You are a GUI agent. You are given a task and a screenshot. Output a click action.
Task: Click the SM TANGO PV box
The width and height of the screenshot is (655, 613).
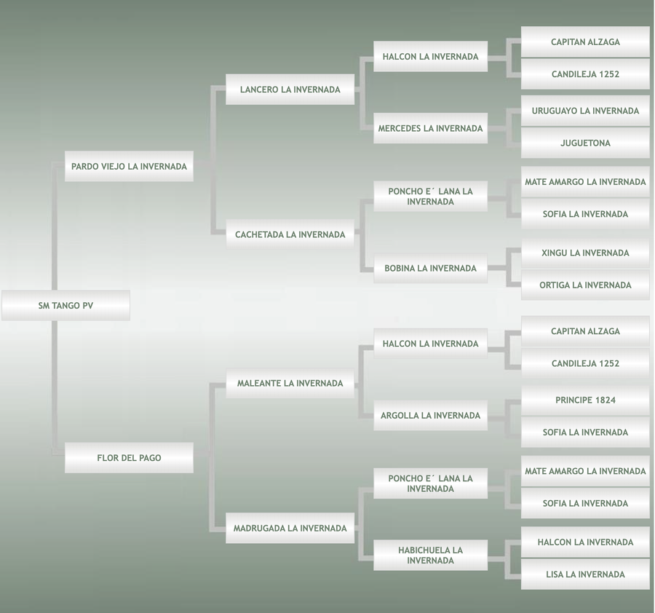pos(65,306)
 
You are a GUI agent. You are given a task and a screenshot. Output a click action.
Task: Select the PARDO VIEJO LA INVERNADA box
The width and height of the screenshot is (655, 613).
pos(129,167)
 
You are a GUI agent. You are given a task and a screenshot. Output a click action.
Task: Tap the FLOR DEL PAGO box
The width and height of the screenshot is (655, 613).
pos(129,458)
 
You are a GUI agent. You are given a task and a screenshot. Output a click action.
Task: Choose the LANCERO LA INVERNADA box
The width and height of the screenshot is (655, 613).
pos(290,90)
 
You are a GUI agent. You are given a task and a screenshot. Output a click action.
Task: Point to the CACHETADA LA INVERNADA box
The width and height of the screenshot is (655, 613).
pos(290,234)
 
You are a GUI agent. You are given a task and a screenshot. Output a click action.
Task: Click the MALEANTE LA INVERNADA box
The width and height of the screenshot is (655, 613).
pos(290,383)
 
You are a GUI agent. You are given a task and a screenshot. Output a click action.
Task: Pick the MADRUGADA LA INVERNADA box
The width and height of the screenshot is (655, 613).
pos(290,528)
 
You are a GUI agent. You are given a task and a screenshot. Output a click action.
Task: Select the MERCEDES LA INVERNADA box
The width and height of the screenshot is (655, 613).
pos(430,128)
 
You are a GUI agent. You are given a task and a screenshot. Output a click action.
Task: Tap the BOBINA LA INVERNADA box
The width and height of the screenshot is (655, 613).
pos(430,268)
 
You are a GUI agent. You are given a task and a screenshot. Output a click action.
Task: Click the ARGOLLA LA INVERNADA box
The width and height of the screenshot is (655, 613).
pos(430,416)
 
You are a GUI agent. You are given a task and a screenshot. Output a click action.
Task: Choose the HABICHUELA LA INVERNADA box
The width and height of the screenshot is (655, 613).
pos(430,555)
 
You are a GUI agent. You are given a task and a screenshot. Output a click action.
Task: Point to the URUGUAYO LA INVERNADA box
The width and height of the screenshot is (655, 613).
pos(585,111)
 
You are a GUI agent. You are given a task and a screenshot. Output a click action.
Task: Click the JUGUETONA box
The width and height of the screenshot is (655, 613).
pos(585,143)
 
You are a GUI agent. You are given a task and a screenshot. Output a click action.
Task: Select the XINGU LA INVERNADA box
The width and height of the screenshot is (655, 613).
pos(585,253)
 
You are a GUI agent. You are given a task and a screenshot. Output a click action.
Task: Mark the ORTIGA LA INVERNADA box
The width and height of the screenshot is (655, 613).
pos(585,285)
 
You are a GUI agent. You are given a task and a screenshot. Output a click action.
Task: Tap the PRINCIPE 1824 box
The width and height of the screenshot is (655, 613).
pos(585,400)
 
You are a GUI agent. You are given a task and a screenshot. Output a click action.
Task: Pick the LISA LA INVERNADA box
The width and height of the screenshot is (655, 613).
pos(585,574)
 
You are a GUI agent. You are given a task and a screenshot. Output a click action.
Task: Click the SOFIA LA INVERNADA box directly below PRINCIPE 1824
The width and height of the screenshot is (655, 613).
pos(585,432)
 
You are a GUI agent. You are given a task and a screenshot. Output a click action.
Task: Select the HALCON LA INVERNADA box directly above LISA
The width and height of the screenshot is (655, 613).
pos(585,542)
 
